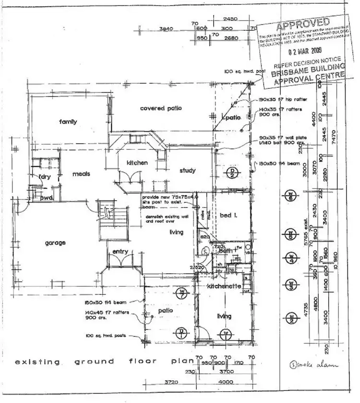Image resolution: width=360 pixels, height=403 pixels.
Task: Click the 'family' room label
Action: pyautogui.click(x=68, y=122)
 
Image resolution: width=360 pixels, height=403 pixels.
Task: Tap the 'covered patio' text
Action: pyautogui.click(x=161, y=109)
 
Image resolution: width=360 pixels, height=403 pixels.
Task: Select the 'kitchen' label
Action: pyautogui.click(x=137, y=163)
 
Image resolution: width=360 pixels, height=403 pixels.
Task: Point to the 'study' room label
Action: pyautogui.click(x=187, y=171)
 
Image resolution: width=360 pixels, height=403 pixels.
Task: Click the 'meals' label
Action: pyautogui.click(x=81, y=174)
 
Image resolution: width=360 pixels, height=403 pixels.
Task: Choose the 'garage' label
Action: pyautogui.click(x=55, y=243)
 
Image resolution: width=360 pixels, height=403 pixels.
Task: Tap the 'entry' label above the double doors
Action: pyautogui.click(x=120, y=252)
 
